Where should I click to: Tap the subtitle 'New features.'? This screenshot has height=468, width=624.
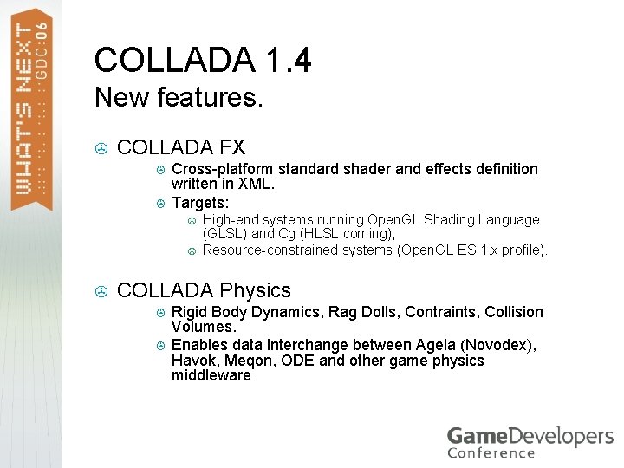tap(179, 97)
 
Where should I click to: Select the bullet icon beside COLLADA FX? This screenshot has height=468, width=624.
tap(101, 148)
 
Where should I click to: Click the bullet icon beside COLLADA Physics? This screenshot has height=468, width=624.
tap(101, 291)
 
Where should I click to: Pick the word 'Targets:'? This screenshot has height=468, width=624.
tap(200, 203)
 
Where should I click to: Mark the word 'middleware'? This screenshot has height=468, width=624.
tap(211, 376)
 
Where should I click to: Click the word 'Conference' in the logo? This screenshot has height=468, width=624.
tap(491, 452)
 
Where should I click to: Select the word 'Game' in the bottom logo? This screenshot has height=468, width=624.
tap(474, 435)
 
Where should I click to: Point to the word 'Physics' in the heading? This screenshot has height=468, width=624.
tap(256, 290)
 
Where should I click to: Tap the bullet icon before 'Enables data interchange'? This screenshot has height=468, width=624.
tap(159, 345)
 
